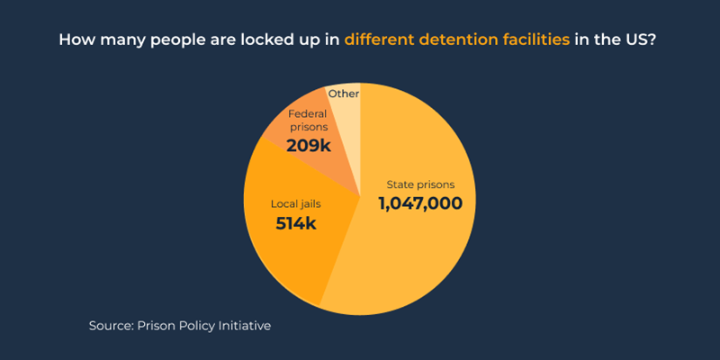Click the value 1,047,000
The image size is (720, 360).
(x=420, y=203)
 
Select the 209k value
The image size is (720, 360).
(x=309, y=144)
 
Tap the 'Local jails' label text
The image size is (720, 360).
(x=296, y=203)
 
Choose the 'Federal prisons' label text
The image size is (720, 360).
(x=309, y=121)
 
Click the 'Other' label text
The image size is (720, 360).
(x=343, y=93)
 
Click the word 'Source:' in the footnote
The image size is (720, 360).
(x=111, y=325)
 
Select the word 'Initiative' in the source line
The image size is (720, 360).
(x=242, y=325)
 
